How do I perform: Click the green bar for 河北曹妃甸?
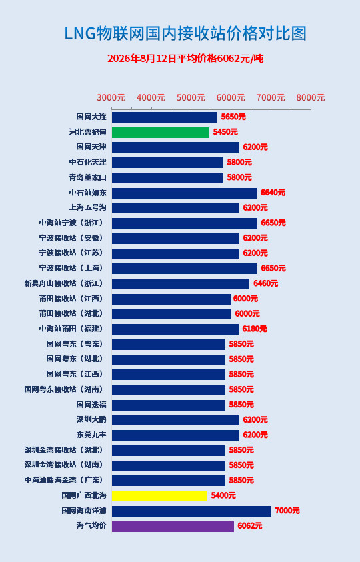160,132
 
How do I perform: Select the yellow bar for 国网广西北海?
159,496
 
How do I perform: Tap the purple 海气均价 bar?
173,526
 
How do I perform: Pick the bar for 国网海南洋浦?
191,511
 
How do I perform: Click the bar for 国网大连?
165,117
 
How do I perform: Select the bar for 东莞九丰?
175,435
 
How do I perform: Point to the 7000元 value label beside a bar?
287,511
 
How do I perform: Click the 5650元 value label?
233,117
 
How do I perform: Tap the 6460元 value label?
266,283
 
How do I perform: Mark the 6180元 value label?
255,329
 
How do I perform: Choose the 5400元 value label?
223,496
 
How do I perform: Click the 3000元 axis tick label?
111,97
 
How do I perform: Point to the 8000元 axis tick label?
311,97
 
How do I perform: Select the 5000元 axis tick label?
191,97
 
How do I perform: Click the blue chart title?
185,34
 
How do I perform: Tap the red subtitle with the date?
185,59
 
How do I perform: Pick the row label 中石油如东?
88,193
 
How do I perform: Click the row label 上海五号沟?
88,208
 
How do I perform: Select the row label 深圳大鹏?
91,420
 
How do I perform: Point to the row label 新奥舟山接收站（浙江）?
65,283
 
